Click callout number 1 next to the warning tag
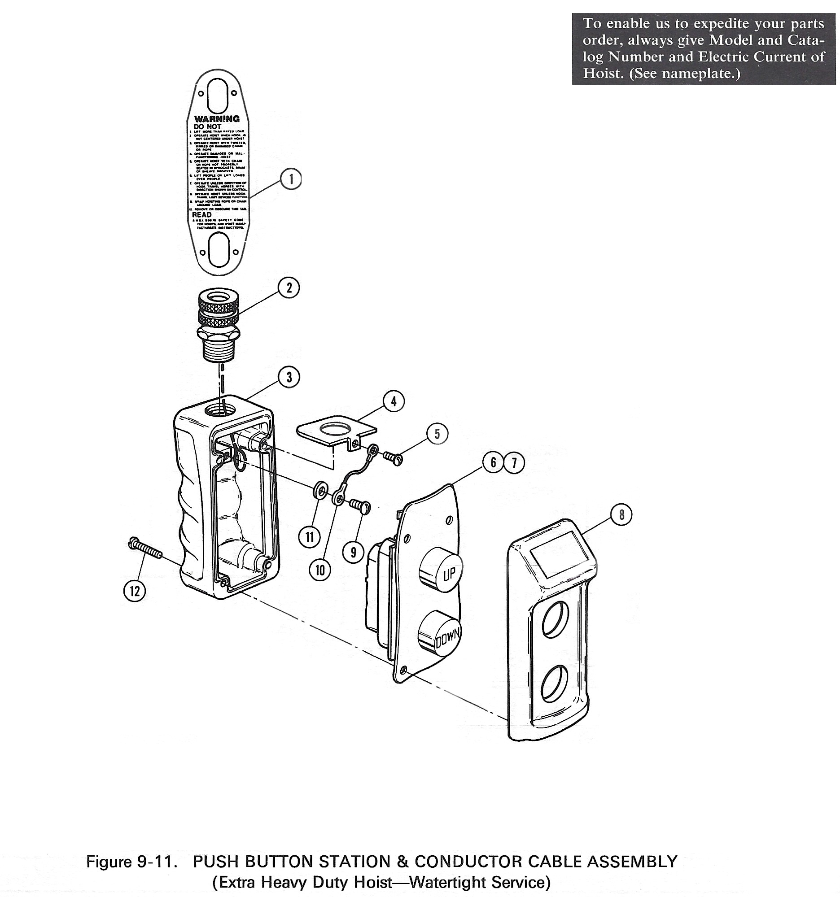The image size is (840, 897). [x=291, y=179]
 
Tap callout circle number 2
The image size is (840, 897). [x=289, y=288]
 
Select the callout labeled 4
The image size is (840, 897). [x=394, y=401]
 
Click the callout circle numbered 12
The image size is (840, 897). [x=135, y=591]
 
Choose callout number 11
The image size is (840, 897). [x=310, y=537]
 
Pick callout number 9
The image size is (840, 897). [x=353, y=552]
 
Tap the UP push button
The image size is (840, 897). [x=439, y=570]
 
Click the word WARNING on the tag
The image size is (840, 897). [x=217, y=119]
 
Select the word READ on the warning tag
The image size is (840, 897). [x=201, y=215]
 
